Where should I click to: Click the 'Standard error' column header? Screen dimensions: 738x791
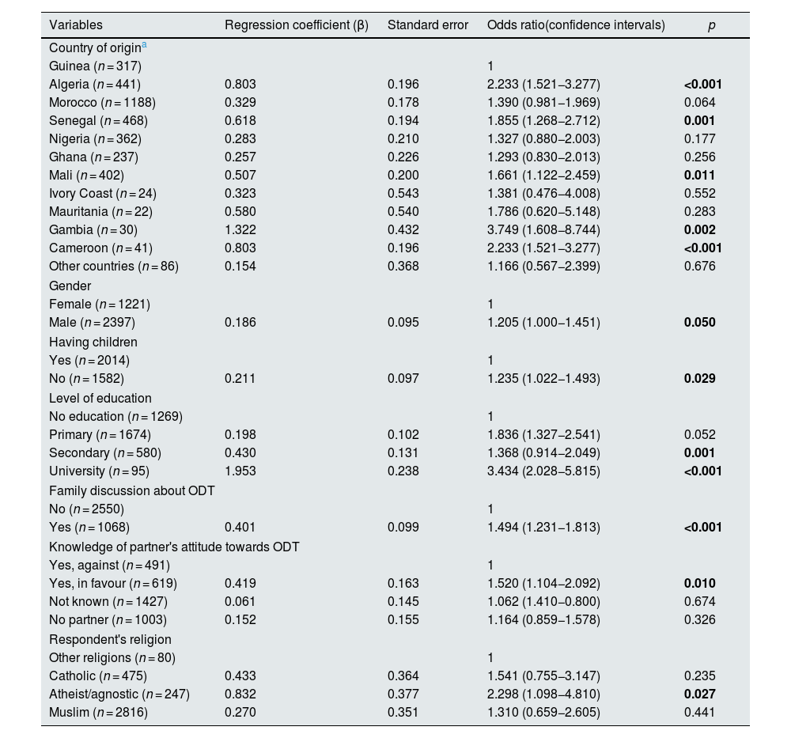[428, 25]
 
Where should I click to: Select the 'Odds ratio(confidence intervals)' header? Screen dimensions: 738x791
[576, 25]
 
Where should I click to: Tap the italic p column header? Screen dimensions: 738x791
[711, 25]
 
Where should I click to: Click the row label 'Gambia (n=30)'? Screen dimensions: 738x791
[93, 230]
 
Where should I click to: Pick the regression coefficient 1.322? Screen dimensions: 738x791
[240, 230]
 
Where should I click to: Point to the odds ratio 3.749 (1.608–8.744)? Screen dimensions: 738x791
[543, 230]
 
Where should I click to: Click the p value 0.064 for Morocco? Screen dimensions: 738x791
[699, 102]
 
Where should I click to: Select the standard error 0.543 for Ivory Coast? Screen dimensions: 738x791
[403, 194]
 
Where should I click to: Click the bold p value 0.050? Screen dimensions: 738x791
[700, 323]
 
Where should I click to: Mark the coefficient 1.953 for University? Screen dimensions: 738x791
[240, 471]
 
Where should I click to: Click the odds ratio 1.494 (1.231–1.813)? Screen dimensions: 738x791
[543, 527]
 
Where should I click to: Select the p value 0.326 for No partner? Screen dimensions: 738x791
[699, 619]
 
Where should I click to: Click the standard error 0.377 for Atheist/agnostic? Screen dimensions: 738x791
[403, 694]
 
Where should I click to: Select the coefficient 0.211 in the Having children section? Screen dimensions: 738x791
[240, 378]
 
